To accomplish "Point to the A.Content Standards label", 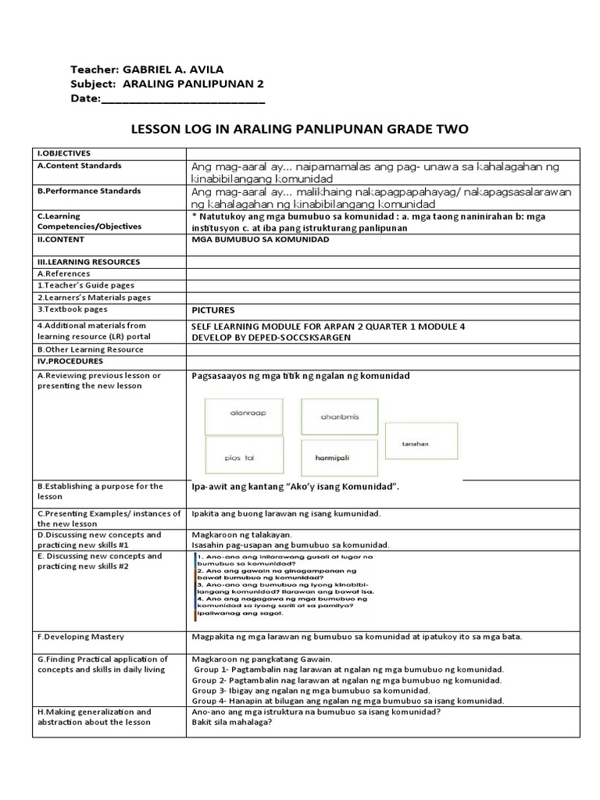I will point(79,166).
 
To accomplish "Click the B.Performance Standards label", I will point(89,191).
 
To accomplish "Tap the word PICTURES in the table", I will point(214,310).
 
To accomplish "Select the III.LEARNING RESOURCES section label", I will point(88,262).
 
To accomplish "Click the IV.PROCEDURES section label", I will point(70,362).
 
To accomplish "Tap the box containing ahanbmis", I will point(339,416).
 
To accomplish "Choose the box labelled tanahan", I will point(416,444).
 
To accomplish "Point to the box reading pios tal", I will point(244,456).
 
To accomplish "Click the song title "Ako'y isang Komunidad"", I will point(338,487).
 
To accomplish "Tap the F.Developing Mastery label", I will point(80,637).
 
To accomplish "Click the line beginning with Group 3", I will point(300,691).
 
